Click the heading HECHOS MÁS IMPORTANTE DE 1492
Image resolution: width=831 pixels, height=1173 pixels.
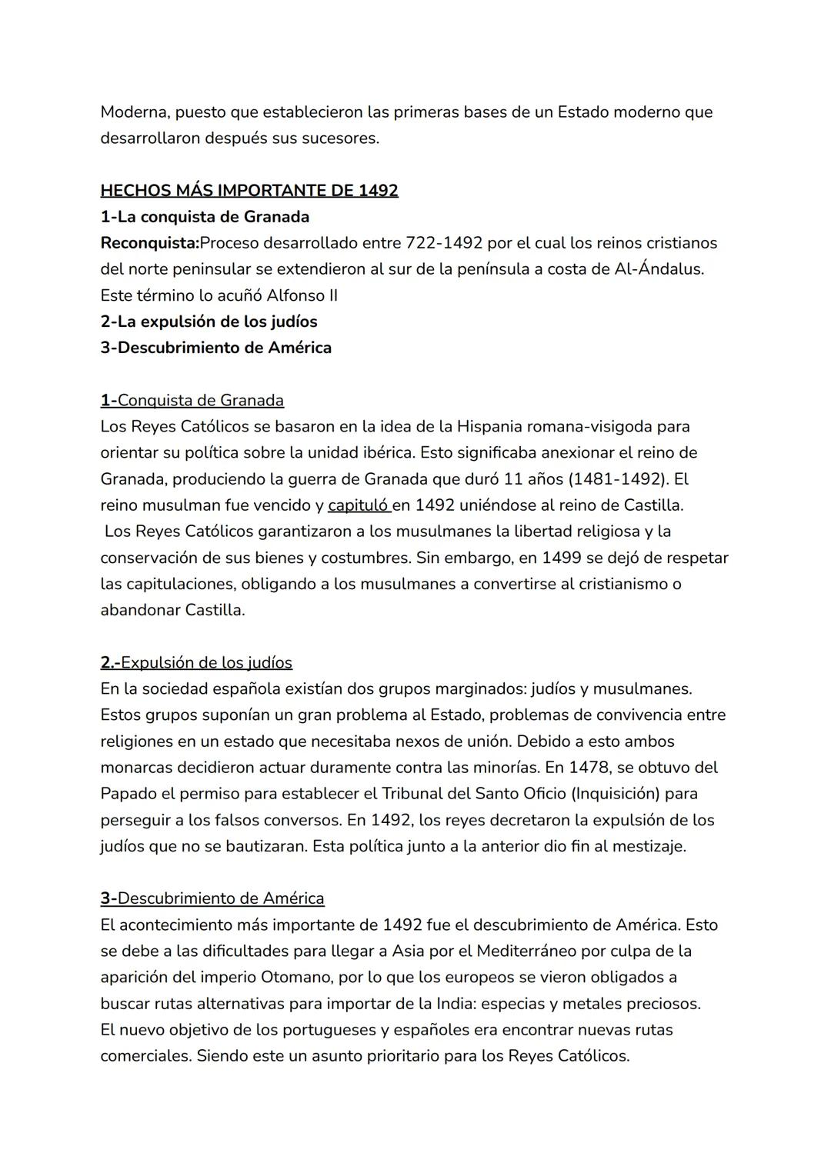pos(249,190)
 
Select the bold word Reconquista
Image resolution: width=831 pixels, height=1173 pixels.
pos(149,243)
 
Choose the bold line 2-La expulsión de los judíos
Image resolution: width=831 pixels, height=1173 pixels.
pos(209,322)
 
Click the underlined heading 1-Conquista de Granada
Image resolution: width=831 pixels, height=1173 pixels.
pos(192,400)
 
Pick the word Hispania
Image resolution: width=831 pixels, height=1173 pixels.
pos(492,426)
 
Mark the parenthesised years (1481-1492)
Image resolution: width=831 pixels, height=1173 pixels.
pos(617,478)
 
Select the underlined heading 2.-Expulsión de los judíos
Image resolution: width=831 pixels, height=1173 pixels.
pos(196,662)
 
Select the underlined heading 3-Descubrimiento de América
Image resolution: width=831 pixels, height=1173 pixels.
pos(212,898)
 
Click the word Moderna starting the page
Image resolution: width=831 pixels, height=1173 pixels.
pos(133,112)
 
